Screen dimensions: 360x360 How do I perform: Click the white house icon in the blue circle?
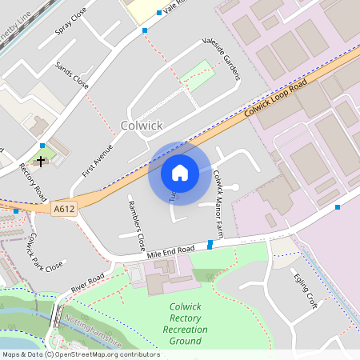coord(179,173)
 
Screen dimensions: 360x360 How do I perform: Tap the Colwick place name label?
coord(142,126)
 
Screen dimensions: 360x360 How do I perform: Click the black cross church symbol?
coord(41,161)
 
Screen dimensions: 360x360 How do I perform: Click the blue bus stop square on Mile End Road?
coord(210,244)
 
